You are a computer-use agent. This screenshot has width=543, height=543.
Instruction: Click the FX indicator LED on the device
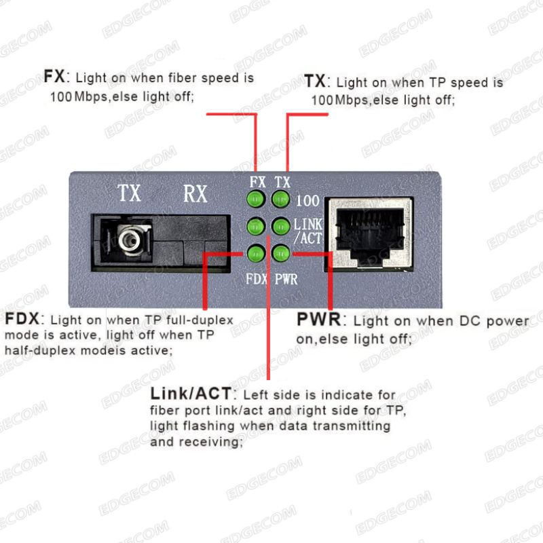(256, 199)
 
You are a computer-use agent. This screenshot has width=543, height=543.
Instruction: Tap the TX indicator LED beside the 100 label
(280, 199)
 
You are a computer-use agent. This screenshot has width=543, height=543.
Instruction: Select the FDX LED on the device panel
(257, 254)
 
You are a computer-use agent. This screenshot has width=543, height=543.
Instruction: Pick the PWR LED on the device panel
(281, 254)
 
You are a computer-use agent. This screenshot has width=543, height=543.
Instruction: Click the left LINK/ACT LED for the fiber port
(256, 227)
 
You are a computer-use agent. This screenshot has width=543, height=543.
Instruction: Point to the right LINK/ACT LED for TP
(281, 227)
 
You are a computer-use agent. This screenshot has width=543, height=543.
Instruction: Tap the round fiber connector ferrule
(129, 239)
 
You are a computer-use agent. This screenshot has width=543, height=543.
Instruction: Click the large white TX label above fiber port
(129, 193)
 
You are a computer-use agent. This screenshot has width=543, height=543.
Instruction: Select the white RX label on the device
(195, 193)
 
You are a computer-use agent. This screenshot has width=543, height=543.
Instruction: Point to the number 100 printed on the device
(307, 201)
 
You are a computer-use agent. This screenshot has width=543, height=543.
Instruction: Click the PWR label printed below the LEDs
(286, 279)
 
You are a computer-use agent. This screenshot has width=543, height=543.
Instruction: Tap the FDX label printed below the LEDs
(257, 279)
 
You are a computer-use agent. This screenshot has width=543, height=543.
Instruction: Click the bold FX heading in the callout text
(54, 76)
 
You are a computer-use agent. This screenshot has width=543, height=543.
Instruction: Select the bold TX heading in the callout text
(315, 81)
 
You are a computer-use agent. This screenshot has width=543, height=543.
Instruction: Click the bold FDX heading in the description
(22, 318)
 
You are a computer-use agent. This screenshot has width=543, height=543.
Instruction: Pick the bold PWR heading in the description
(319, 319)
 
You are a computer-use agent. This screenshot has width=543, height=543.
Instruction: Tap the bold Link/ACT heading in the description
(191, 394)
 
